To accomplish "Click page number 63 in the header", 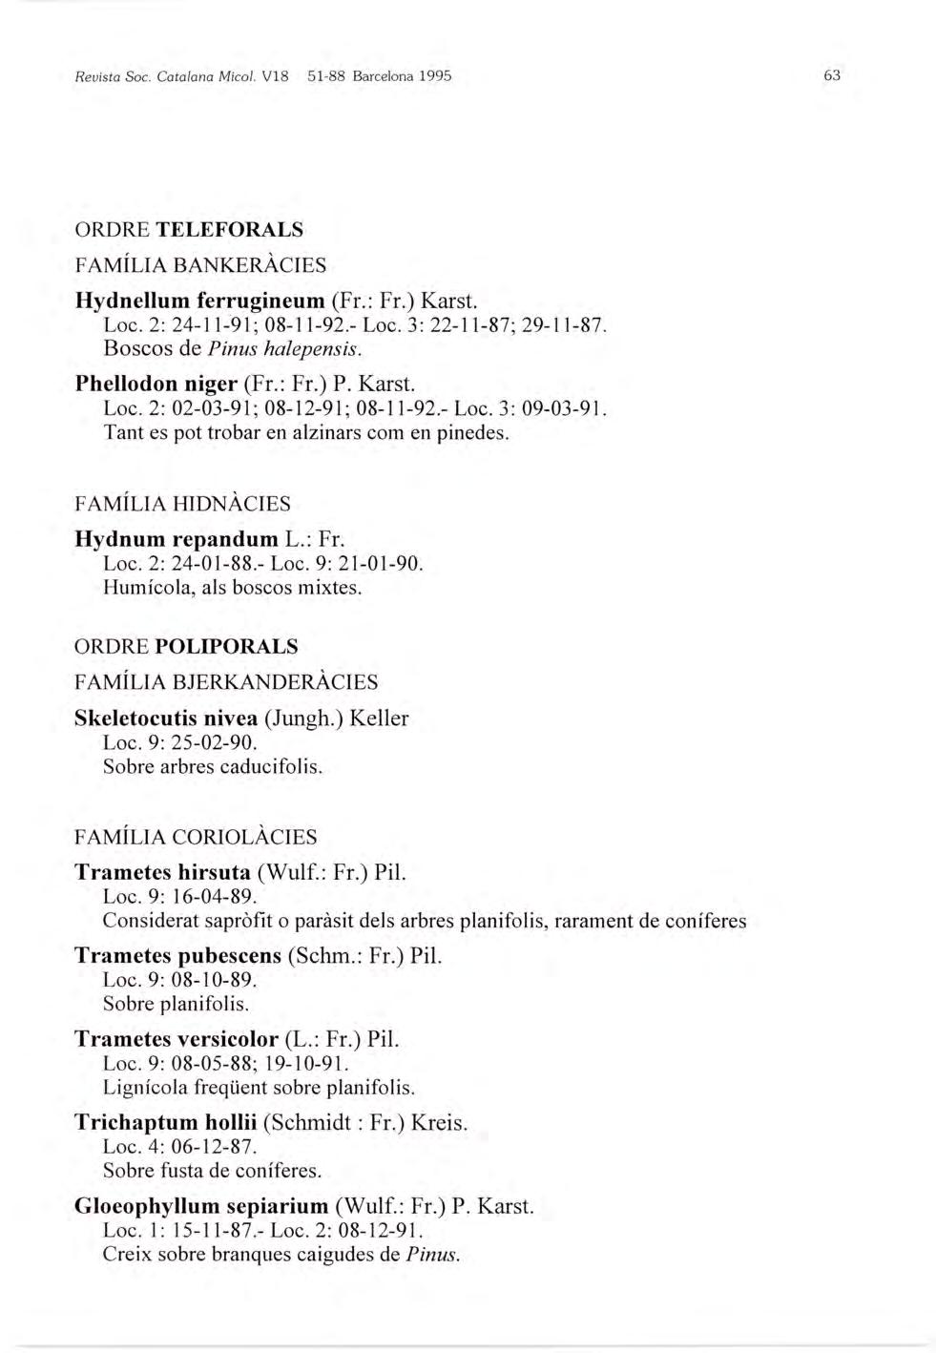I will [x=831, y=75].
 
